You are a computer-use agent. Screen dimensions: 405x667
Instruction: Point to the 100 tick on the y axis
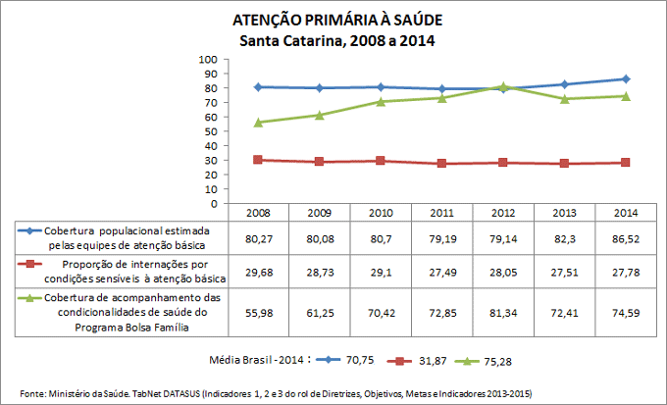point(209,60)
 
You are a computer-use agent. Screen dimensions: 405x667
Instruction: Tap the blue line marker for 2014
point(626,78)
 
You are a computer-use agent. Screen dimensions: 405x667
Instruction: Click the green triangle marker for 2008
point(257,123)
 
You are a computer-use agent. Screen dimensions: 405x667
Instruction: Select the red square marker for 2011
point(441,164)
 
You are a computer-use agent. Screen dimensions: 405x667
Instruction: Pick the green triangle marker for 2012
point(503,86)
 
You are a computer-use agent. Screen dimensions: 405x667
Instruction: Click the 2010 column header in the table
point(380,212)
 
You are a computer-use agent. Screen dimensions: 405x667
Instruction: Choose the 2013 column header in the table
point(564,212)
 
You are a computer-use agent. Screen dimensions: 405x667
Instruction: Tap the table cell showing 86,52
point(626,237)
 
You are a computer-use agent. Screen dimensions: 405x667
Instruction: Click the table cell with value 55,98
point(257,313)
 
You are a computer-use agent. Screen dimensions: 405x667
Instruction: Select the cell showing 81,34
point(503,313)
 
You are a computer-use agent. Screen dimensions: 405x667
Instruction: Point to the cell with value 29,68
point(257,271)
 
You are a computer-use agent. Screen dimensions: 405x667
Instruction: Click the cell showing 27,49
point(441,271)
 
